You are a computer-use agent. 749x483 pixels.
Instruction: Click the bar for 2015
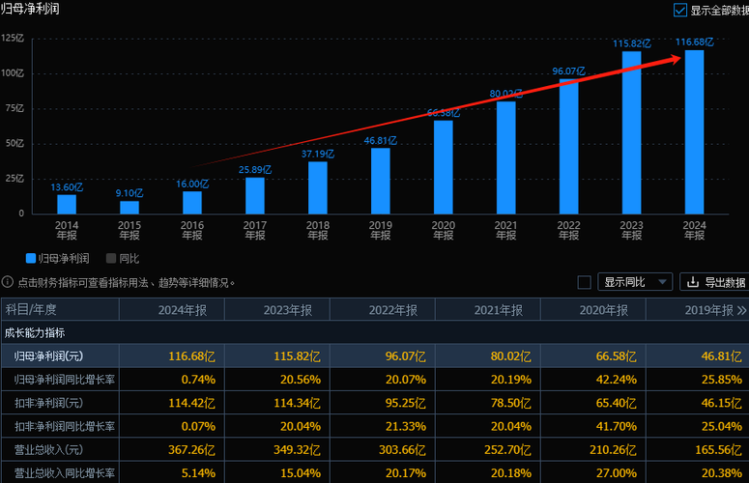[129, 207]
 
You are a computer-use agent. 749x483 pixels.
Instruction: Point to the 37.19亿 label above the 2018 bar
[317, 154]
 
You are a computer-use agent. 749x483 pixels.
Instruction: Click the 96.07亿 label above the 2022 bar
[568, 71]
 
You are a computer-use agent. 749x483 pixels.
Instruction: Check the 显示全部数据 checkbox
[680, 10]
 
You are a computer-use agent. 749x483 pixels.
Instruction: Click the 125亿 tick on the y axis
[13, 39]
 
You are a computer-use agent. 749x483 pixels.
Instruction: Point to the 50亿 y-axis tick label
[14, 143]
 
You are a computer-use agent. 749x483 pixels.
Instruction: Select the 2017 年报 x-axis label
[255, 229]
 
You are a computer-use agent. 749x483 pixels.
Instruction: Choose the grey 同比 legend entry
[123, 259]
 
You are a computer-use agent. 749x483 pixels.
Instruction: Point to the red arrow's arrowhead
[677, 59]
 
